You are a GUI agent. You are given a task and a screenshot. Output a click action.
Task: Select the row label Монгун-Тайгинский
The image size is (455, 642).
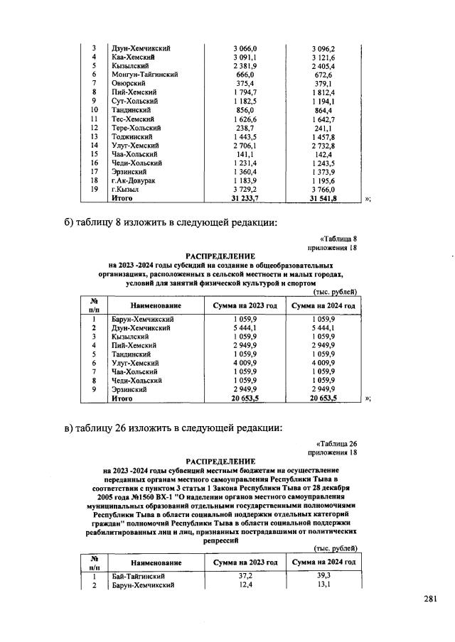click(x=144, y=74)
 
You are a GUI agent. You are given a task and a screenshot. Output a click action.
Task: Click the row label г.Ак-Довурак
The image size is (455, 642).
click(x=134, y=181)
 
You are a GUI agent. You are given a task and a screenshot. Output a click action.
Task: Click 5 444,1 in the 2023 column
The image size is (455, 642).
click(x=245, y=328)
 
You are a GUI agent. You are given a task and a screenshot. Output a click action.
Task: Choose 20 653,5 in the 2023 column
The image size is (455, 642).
click(x=245, y=399)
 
